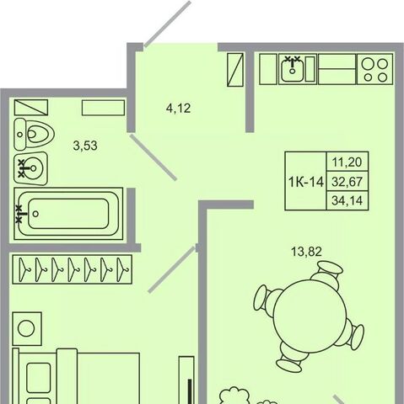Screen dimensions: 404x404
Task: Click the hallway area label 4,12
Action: click(178, 109)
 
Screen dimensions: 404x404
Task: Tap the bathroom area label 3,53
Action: click(85, 146)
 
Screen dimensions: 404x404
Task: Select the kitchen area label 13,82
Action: click(306, 252)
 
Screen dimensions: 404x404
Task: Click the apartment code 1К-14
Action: click(306, 183)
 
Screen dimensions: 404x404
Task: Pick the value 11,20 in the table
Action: click(347, 162)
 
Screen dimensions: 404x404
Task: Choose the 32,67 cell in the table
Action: click(347, 182)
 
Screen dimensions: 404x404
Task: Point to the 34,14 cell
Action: click(347, 200)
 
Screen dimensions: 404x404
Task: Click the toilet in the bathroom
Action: click(34, 134)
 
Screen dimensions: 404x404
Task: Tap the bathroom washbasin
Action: click(31, 168)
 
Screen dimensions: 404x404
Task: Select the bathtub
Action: click(68, 214)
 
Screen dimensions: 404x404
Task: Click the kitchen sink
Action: click(293, 69)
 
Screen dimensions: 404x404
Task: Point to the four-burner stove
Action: click(374, 69)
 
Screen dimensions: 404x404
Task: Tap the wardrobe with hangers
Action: click(72, 269)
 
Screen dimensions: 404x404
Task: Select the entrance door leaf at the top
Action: click(168, 24)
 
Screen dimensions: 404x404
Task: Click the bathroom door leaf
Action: click(154, 157)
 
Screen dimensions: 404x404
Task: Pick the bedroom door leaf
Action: click(172, 270)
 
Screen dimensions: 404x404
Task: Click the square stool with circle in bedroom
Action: click(27, 328)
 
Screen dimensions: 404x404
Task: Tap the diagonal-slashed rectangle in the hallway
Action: click(235, 70)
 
